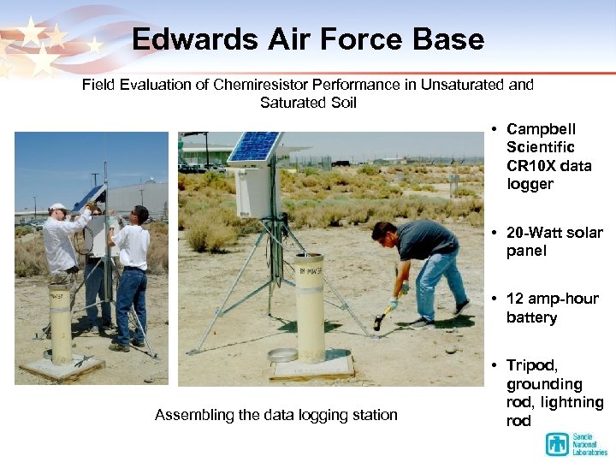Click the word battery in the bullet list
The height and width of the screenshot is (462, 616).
(x=531, y=317)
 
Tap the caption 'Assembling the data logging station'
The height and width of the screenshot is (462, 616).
(x=275, y=415)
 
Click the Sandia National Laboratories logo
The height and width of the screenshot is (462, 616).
(x=575, y=444)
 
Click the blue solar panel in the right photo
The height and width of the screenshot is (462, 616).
(x=254, y=146)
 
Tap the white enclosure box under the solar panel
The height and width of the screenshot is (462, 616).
(x=258, y=192)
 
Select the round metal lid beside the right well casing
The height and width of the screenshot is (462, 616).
(x=282, y=355)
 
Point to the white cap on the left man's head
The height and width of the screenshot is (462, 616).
(x=57, y=207)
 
